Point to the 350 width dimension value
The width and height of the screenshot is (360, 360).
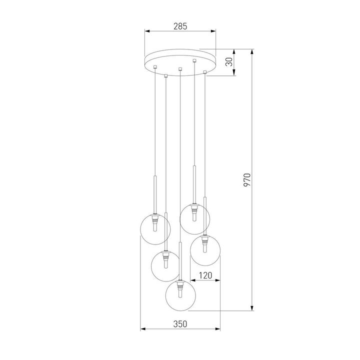point(180,324)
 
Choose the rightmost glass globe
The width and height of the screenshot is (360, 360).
point(205,249)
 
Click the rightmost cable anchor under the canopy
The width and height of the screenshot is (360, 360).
point(205,72)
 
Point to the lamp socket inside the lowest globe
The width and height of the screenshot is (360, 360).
point(180,286)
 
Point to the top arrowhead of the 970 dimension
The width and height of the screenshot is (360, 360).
point(251,51)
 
